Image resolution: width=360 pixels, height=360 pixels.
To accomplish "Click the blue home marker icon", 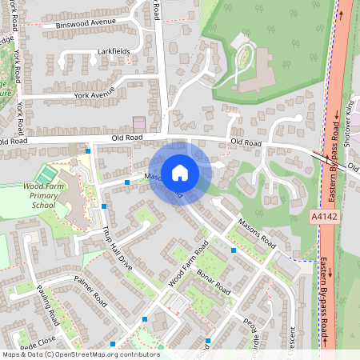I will pyautogui.click(x=179, y=172).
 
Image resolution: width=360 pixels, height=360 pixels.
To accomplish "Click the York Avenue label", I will pyautogui.click(x=94, y=94).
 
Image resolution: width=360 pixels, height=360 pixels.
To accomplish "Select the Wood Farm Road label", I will pyautogui.click(x=189, y=263).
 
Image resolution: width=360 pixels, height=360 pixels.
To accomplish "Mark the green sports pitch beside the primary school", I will pyautogui.click(x=47, y=173).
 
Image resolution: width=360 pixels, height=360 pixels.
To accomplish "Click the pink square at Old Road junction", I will pyautogui.click(x=140, y=123).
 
